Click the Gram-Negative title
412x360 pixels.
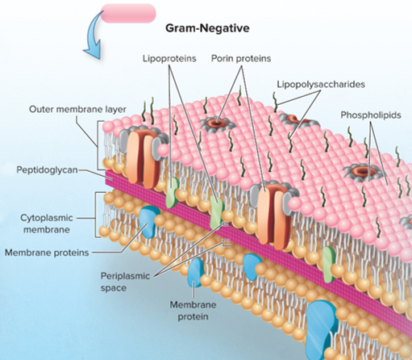pos(207,28)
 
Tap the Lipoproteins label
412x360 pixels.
pos(169,58)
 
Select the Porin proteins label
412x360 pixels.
pos(241,58)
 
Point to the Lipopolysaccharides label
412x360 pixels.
pos(321,84)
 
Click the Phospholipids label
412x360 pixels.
pos(371,115)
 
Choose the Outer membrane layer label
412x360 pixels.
pos(77,109)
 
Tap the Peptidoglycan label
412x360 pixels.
pos(47,170)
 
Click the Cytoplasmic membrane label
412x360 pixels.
pos(47,224)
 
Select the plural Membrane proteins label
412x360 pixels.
pos(47,253)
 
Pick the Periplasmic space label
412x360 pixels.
pos(125,282)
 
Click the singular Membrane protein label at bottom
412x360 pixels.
pos(193,311)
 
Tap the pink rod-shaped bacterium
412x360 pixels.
pos(128,13)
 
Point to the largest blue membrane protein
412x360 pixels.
pos(322,325)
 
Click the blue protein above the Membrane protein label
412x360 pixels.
pos(196,272)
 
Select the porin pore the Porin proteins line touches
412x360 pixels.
pos(218,124)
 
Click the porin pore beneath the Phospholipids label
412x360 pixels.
pos(362,171)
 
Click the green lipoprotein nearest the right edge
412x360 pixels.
pos(328,264)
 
